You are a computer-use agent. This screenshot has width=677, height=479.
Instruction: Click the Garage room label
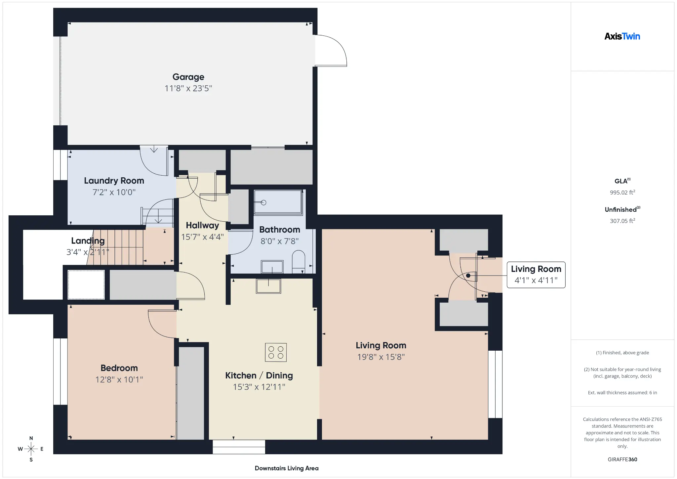188,77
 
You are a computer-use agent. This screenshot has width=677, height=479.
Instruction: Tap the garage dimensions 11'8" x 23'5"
188,88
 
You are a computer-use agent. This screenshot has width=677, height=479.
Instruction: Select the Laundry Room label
114,181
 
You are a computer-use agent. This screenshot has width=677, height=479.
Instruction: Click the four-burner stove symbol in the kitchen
276,352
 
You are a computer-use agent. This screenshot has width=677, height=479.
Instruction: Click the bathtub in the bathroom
278,202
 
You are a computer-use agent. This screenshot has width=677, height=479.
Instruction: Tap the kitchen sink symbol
268,286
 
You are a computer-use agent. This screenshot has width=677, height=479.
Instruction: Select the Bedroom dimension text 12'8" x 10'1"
119,379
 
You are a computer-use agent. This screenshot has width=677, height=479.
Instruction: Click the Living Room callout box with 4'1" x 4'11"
536,275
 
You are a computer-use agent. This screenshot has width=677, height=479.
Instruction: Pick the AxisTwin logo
622,36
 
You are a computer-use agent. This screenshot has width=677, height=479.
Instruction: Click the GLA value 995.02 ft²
622,193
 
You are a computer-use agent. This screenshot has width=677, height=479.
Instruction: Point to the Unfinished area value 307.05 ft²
622,221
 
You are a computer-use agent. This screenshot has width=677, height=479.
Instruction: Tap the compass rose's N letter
31,438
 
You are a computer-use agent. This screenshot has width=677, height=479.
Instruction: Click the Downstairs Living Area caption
287,468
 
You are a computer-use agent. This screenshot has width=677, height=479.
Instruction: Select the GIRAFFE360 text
622,459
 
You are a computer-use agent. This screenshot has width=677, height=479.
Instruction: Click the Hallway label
202,225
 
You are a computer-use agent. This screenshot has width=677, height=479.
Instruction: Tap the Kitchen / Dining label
259,375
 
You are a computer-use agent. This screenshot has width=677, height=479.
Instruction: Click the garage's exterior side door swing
331,51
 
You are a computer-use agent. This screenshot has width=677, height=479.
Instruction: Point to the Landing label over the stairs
88,241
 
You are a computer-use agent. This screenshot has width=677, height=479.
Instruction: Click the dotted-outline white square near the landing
86,285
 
